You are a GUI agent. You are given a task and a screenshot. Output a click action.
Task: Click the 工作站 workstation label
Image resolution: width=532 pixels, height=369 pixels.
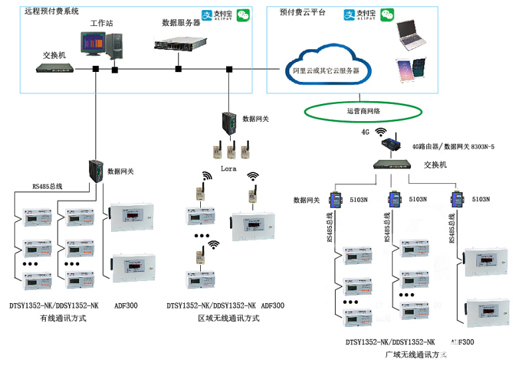click(x=102, y=23)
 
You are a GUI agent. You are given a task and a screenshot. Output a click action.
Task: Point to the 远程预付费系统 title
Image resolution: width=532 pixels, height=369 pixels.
click(x=51, y=11)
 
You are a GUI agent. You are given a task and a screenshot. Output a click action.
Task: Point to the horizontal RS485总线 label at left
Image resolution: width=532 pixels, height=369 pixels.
click(x=47, y=186)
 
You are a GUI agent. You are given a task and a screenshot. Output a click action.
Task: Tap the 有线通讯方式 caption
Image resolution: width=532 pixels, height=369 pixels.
click(x=63, y=318)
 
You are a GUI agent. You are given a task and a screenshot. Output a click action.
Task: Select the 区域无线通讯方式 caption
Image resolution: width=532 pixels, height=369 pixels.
click(x=228, y=318)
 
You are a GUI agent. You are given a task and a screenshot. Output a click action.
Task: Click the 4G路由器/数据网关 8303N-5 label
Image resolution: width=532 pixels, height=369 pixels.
click(x=453, y=147)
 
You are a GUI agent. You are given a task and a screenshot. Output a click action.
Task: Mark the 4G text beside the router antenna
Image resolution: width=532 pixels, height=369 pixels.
click(x=365, y=132)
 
